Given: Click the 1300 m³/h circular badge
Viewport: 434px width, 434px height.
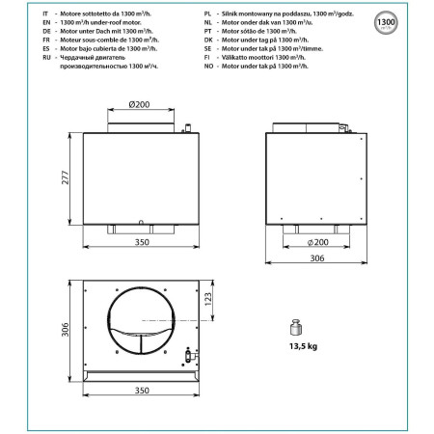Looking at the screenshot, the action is point(412,22).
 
